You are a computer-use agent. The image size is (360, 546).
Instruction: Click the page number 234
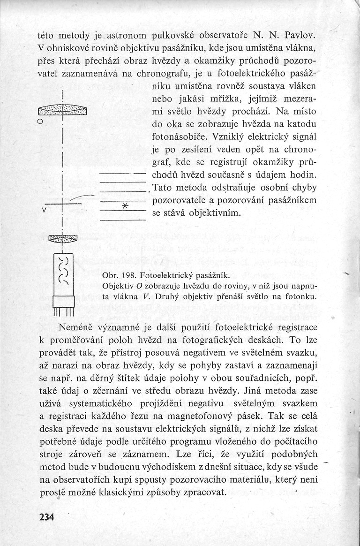pos(47,517)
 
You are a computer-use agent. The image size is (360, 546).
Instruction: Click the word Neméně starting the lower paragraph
pos(78,326)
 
